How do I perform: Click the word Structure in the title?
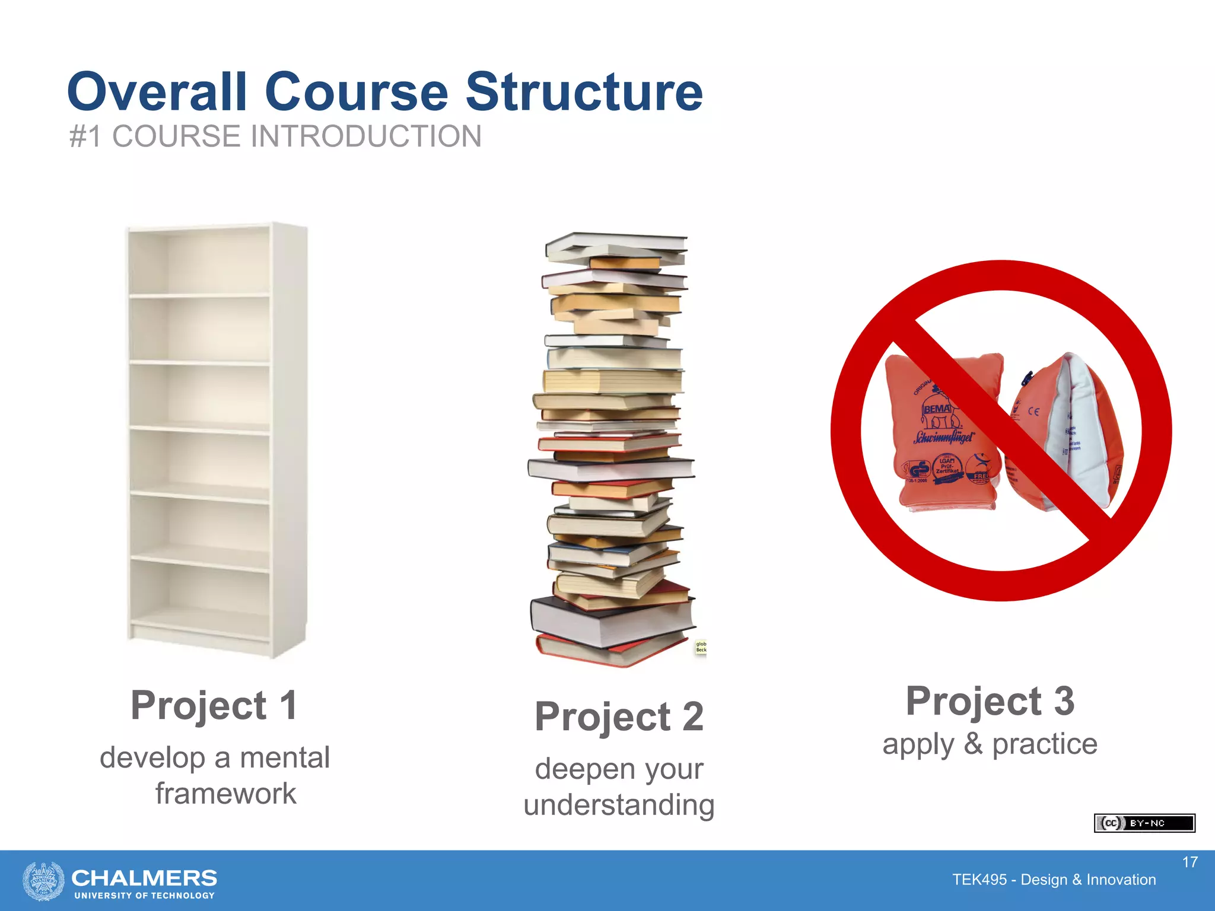click(584, 92)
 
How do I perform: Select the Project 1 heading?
click(214, 705)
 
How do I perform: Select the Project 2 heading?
click(619, 716)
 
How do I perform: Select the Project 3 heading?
click(990, 701)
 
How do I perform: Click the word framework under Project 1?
click(225, 794)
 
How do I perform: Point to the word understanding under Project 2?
click(619, 805)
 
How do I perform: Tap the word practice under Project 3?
click(1045, 744)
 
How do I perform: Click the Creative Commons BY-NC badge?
click(1144, 823)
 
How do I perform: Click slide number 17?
click(1189, 862)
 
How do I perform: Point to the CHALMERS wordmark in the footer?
click(144, 878)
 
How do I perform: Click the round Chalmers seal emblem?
click(43, 881)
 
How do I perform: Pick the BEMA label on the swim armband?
click(937, 409)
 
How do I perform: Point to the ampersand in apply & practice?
click(973, 744)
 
